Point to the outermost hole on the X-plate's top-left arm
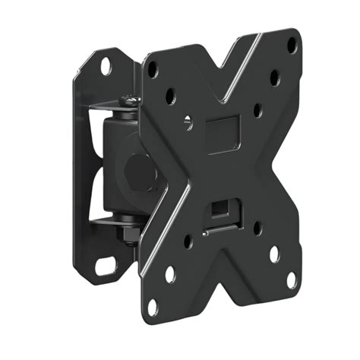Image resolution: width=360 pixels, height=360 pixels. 153,67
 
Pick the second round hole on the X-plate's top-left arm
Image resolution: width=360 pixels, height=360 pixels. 171,96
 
